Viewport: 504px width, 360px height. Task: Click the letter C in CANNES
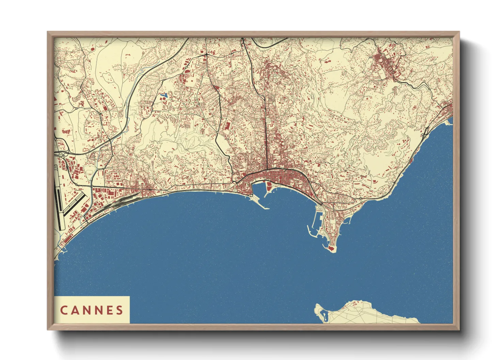[x=64, y=310]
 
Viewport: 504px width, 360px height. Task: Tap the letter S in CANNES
[x=120, y=310]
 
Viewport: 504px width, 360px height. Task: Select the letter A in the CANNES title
[x=75, y=310]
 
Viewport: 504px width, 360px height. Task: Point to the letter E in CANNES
[x=109, y=310]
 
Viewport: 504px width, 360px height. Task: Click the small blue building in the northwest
[x=164, y=95]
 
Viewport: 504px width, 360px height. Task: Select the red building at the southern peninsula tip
[x=330, y=249]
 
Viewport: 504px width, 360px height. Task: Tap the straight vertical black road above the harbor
[x=265, y=136]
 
